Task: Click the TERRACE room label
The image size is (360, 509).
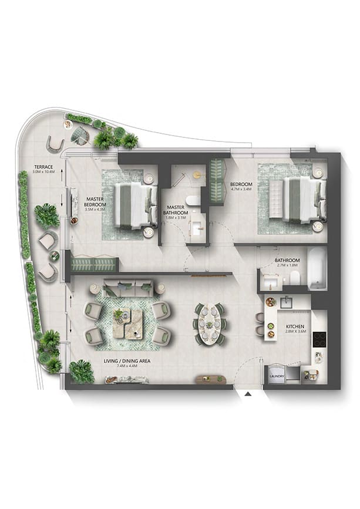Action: point(43,167)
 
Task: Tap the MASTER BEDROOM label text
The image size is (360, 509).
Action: point(95,201)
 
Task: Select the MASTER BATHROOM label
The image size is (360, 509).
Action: point(176,210)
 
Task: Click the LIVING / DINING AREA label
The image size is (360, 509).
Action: point(127,360)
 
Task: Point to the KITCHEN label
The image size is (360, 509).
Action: point(295,326)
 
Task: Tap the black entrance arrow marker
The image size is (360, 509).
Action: point(248,394)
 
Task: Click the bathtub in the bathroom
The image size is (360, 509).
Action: point(317,269)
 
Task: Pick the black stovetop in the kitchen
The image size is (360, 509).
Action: point(319,339)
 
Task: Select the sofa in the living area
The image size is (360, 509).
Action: point(129,287)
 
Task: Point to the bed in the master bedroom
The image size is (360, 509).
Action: point(136,204)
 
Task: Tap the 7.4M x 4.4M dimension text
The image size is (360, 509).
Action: point(127,366)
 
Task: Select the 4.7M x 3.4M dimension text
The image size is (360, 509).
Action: point(241,188)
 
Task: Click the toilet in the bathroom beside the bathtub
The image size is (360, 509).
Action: point(295,278)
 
